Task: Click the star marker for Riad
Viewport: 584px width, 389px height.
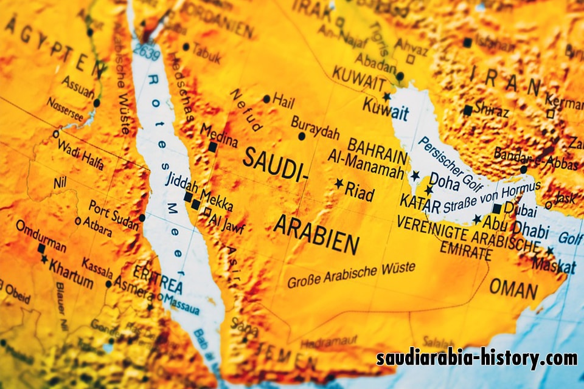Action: click(339, 183)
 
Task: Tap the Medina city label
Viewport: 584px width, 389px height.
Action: click(218, 135)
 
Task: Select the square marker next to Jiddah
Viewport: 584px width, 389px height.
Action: click(188, 196)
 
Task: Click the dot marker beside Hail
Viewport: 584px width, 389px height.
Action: click(266, 99)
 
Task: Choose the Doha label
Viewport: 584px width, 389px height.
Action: click(445, 180)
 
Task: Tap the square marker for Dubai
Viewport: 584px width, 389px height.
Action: click(497, 208)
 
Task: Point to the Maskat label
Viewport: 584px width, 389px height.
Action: click(553, 266)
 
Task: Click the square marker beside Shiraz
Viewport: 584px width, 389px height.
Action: click(467, 110)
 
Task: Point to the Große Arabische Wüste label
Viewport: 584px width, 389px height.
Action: click(351, 275)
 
